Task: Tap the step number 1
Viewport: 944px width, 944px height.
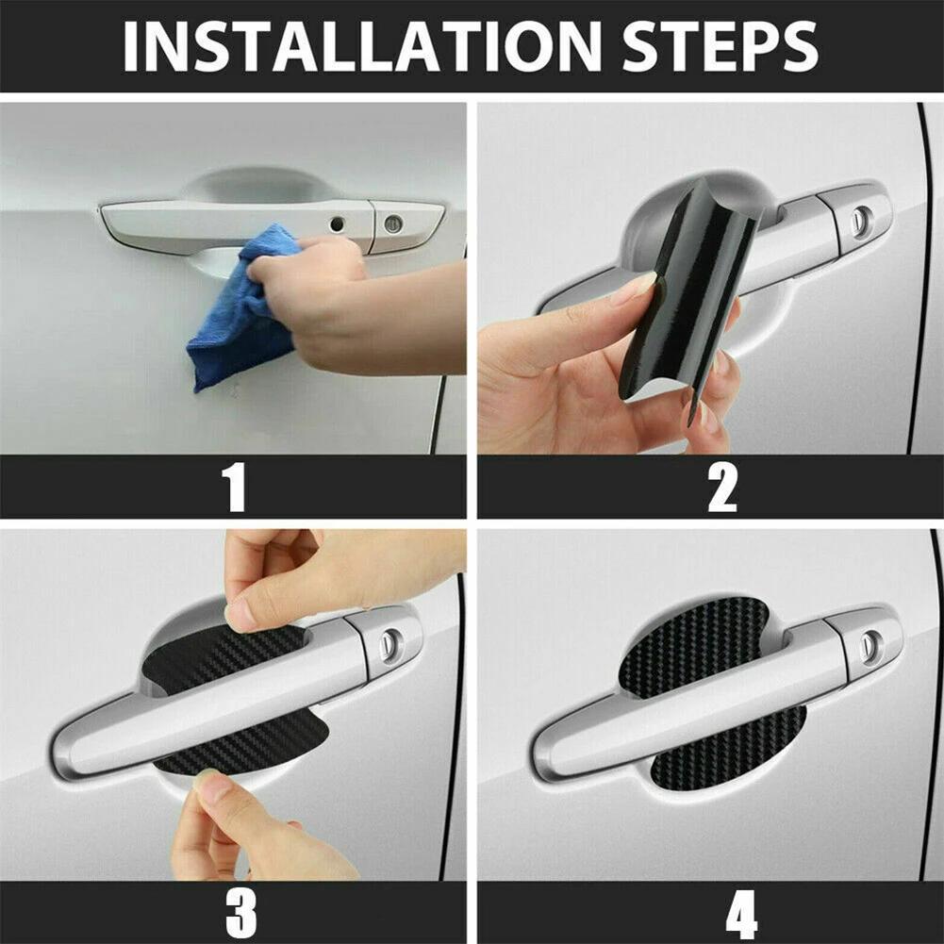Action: (233, 487)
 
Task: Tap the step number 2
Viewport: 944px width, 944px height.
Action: (722, 487)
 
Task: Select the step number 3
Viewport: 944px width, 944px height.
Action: (240, 912)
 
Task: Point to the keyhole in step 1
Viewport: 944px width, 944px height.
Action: (393, 224)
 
